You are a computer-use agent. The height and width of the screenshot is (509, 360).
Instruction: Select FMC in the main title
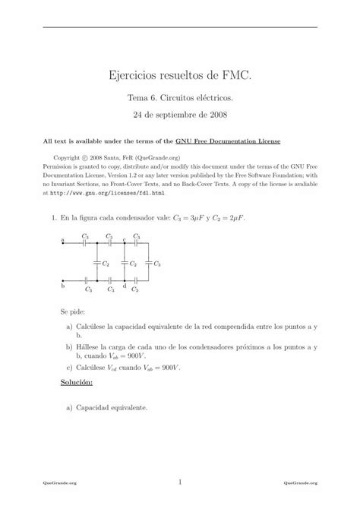[235, 76]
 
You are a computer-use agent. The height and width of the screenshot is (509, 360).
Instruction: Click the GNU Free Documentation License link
[238, 141]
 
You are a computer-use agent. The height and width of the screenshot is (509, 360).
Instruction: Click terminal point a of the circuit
[63, 242]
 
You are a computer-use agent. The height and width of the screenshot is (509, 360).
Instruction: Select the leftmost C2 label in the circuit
[106, 264]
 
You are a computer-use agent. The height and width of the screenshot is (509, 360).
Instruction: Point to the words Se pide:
[73, 312]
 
